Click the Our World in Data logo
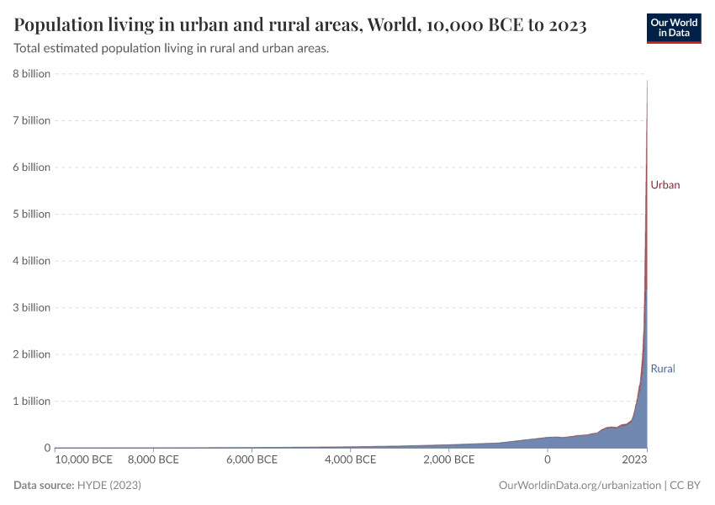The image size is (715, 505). pos(673,27)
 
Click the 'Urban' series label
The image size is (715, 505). pos(665,185)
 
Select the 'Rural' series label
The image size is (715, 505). pos(663,369)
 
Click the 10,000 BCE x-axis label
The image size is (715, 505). pos(83,460)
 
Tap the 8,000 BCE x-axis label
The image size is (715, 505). pos(152,460)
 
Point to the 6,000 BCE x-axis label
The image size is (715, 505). pos(251,460)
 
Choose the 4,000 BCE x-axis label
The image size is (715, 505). pos(349,460)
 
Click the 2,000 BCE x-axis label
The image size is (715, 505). pos(448,460)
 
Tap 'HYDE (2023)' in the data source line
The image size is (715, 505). pos(109,486)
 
